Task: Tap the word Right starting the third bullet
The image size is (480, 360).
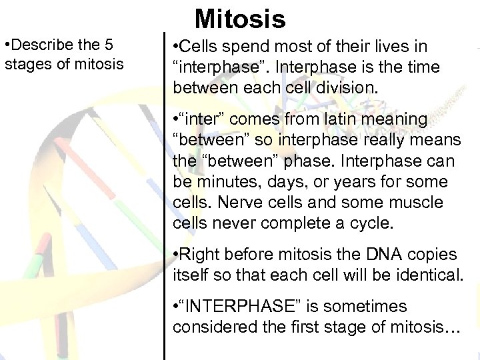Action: (200, 254)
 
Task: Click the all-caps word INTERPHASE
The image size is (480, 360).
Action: (239, 307)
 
